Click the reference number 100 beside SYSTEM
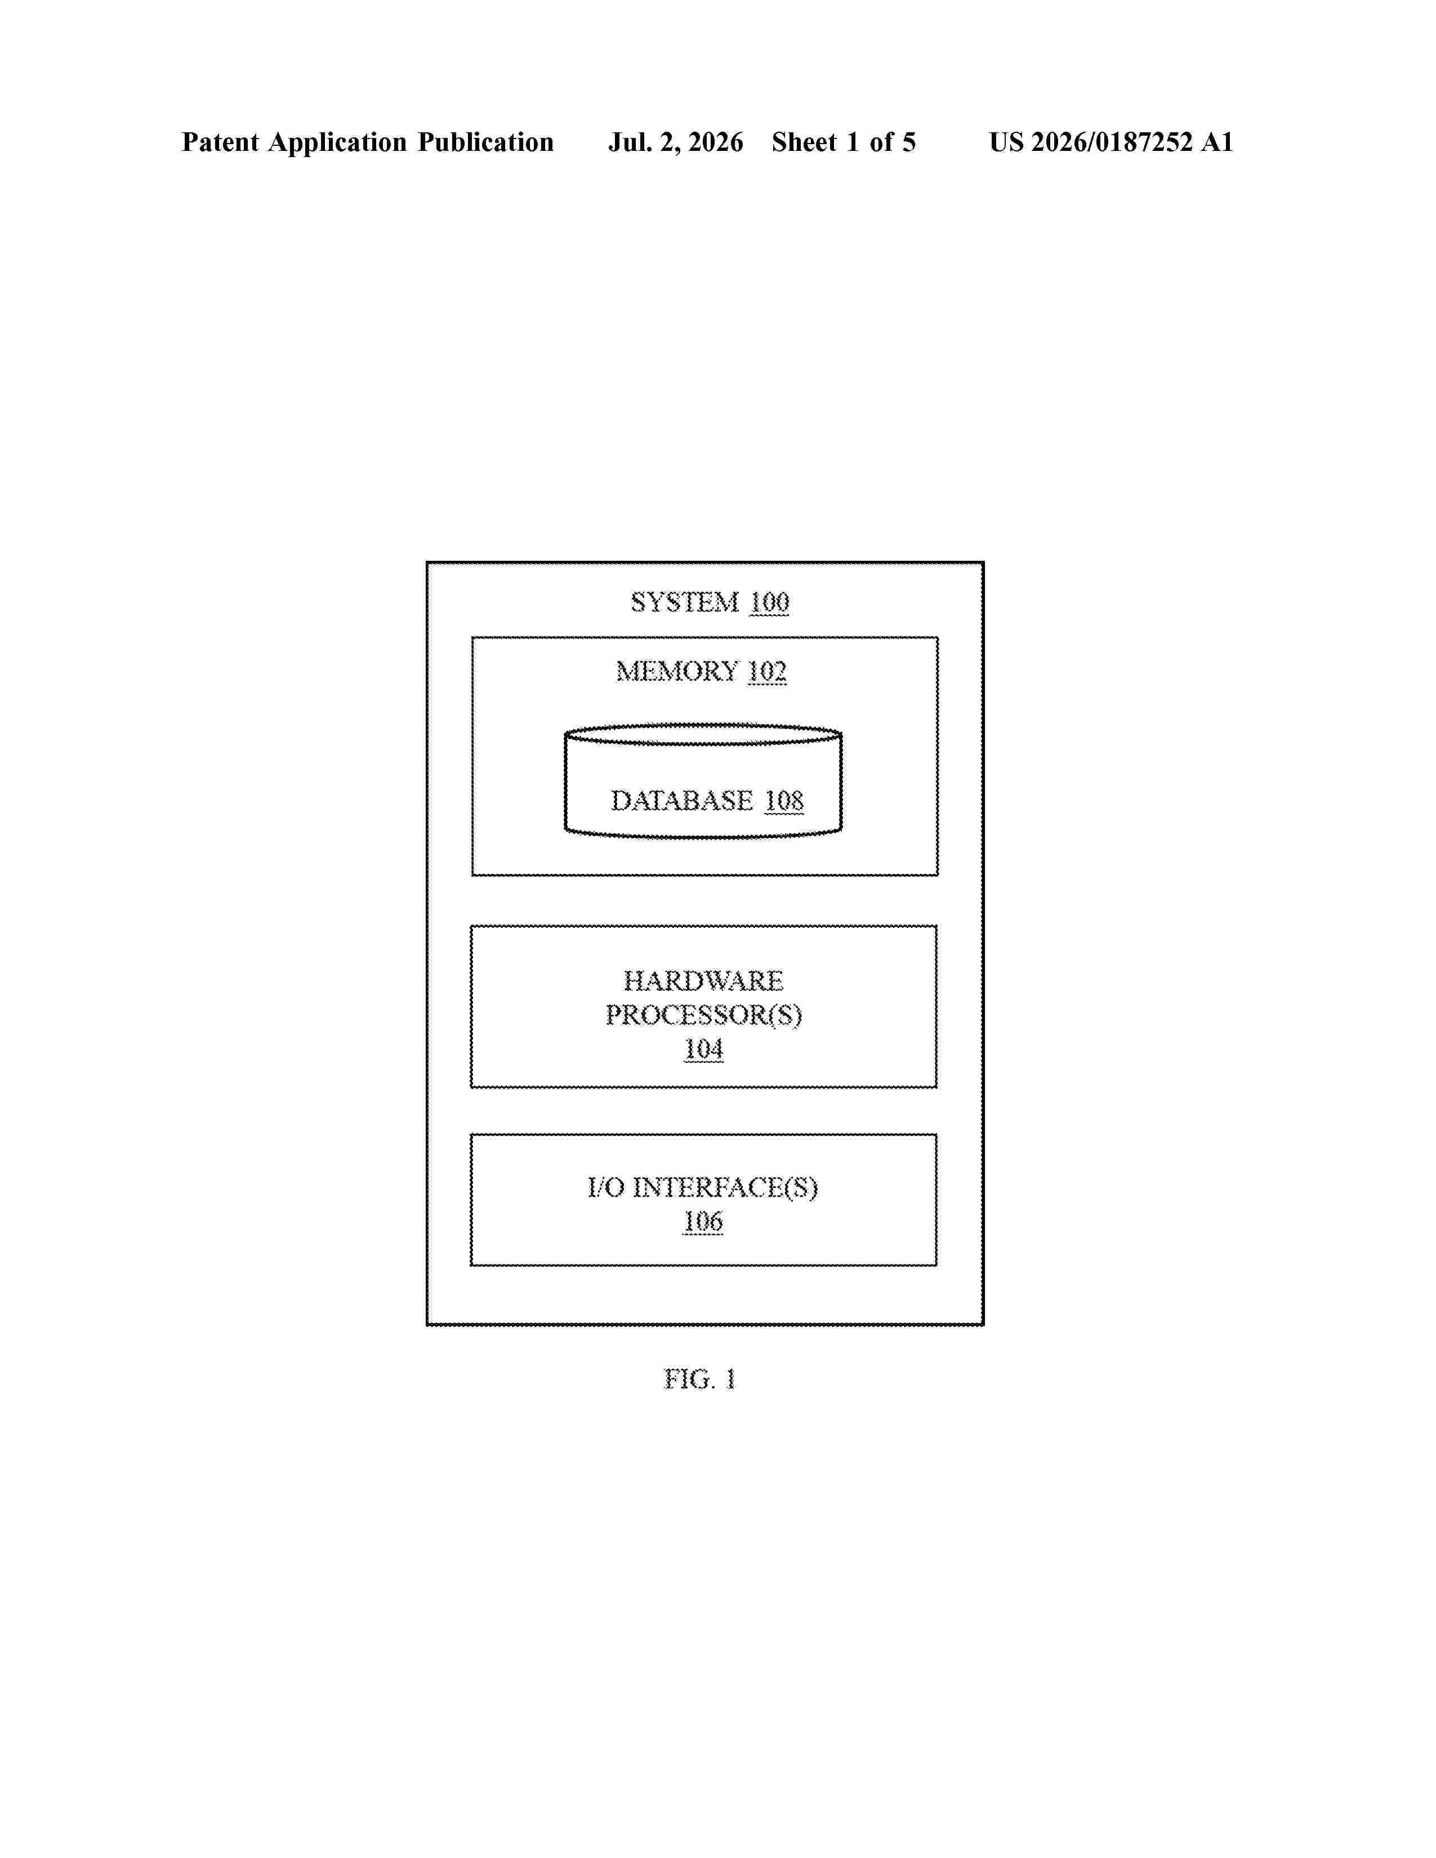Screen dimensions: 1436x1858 [769, 602]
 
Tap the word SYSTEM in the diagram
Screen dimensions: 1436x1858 [685, 602]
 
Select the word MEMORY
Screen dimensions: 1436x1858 [677, 671]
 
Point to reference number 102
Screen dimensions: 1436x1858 [766, 671]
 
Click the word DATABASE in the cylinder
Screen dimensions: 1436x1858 [681, 801]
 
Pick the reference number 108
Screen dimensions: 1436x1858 [783, 801]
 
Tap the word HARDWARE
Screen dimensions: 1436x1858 [703, 981]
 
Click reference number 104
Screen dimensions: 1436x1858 [703, 1049]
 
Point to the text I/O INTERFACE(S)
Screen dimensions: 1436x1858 [703, 1187]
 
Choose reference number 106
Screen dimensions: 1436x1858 [703, 1222]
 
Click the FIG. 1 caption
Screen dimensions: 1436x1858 [699, 1379]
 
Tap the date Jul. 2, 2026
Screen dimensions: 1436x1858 [675, 142]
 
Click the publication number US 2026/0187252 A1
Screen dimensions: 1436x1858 [1111, 142]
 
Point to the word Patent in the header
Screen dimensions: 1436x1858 [220, 142]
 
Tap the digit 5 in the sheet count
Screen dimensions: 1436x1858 [908, 142]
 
